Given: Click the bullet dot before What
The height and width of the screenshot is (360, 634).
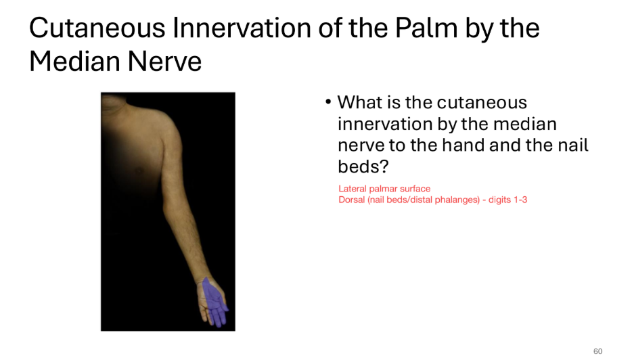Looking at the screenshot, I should click(x=327, y=103).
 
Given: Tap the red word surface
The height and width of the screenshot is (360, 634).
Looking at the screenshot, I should click(x=417, y=189).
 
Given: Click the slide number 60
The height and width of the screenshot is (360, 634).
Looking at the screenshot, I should click(x=597, y=351).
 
